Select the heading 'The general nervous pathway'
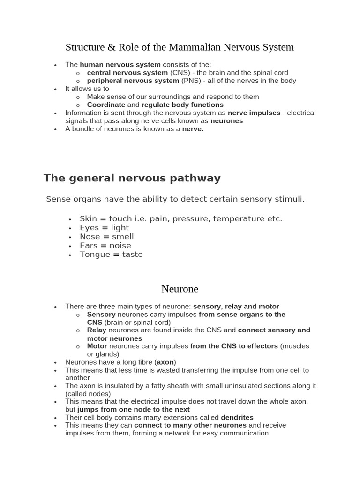[132, 178]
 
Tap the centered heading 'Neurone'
[180, 288]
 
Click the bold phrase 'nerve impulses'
[254, 112]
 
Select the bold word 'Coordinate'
[106, 105]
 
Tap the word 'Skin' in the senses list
[88, 218]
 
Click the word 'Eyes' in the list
[90, 227]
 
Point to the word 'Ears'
[89, 245]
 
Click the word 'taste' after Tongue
[132, 254]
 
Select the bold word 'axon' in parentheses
[165, 362]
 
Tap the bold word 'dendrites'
[237, 417]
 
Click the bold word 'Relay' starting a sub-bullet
[97, 330]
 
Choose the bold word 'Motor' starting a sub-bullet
[97, 346]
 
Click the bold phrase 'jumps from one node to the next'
[134, 409]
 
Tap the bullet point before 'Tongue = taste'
[70, 255]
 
